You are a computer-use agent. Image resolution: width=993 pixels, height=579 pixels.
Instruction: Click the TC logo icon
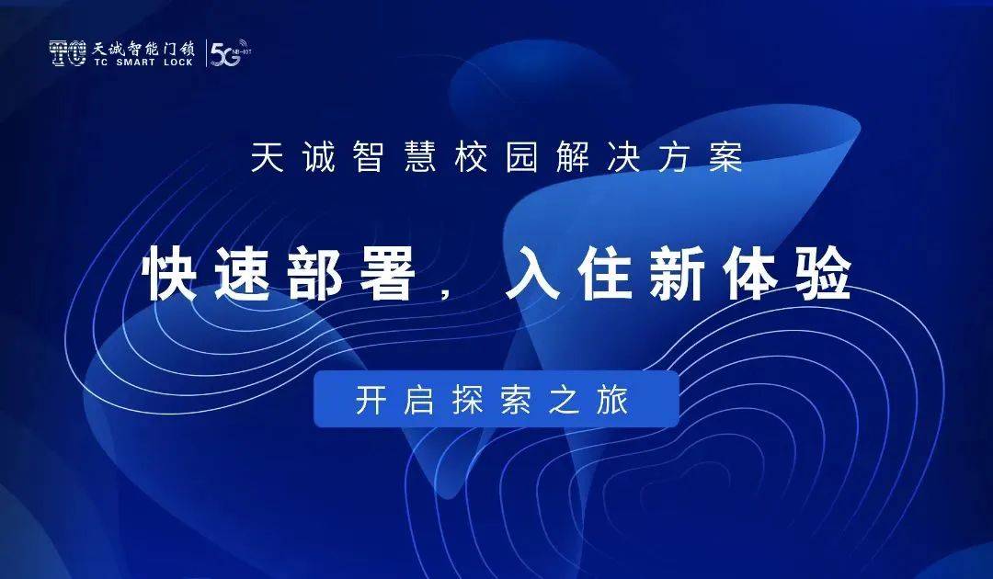[68, 53]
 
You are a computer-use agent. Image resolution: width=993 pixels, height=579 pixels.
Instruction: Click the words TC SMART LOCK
[143, 62]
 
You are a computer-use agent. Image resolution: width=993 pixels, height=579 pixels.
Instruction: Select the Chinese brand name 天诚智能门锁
[143, 48]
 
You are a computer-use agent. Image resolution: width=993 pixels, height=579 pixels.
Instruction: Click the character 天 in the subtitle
[267, 157]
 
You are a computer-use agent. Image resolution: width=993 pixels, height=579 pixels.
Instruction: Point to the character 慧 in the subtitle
[420, 157]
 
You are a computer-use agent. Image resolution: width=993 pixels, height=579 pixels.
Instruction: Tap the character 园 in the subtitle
[522, 157]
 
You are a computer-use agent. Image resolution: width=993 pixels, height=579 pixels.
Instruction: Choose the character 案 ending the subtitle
[725, 157]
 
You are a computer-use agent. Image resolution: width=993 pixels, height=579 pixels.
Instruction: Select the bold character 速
[243, 274]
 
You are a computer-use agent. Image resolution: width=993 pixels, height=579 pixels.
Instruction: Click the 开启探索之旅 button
[496, 399]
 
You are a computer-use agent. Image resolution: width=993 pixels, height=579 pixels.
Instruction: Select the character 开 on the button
[371, 400]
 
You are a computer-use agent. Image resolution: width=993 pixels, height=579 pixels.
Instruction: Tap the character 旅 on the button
[612, 400]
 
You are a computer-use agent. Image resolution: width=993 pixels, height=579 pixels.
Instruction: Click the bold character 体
[750, 274]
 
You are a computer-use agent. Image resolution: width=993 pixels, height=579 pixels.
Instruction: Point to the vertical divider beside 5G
[206, 53]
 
